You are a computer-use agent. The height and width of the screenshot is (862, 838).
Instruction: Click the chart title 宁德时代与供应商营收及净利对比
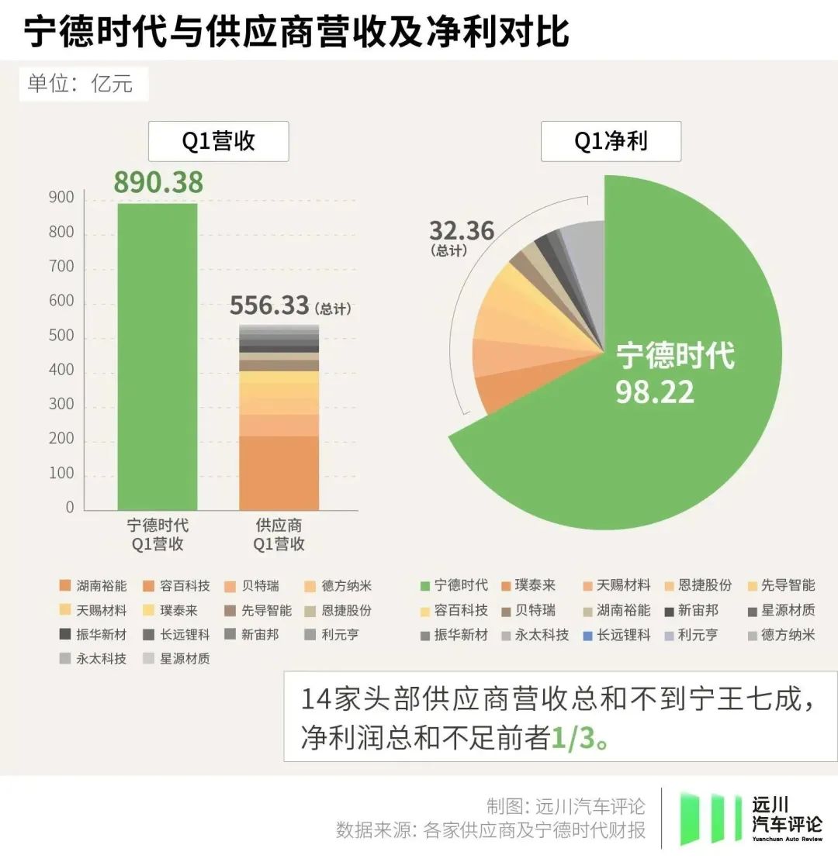tap(296, 33)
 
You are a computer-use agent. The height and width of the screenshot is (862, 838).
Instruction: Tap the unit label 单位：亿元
tap(81, 83)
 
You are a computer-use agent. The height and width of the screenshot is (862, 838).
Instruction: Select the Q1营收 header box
tap(218, 141)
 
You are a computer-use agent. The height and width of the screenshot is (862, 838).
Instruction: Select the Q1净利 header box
tap(610, 141)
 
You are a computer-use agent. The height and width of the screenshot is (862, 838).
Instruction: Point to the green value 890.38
tap(158, 182)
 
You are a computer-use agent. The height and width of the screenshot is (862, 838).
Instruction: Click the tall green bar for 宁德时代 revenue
tap(158, 357)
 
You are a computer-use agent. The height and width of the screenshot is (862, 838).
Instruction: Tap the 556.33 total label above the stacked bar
tap(269, 305)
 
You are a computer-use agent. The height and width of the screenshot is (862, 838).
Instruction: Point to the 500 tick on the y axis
tap(63, 336)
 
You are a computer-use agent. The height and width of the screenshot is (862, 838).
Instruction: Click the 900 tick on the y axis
tap(63, 198)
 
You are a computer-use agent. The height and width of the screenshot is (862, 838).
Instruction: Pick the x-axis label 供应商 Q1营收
tap(279, 534)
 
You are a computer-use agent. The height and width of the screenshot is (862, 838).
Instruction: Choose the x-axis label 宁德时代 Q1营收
tap(158, 534)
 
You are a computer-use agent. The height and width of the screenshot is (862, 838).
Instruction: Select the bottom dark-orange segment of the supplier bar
tap(279, 472)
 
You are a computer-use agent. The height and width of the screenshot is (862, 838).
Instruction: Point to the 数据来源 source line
tap(490, 830)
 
